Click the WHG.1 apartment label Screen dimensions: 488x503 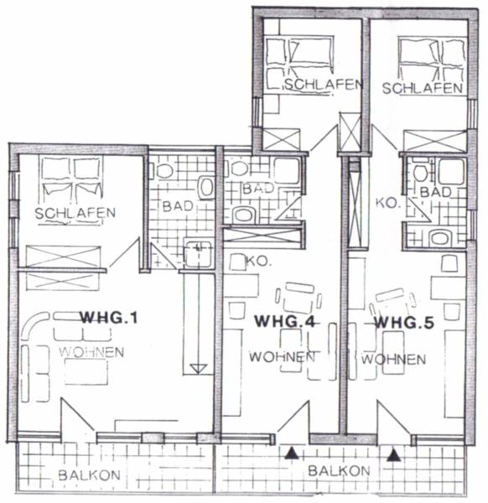click(x=109, y=318)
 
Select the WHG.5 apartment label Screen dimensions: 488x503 click(x=404, y=322)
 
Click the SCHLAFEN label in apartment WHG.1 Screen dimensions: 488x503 click(x=75, y=213)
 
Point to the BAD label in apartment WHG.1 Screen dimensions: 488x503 click(x=178, y=206)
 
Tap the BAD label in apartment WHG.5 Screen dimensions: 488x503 click(x=435, y=192)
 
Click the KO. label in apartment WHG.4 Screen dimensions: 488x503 click(x=258, y=262)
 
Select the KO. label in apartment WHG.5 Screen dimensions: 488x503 click(x=388, y=203)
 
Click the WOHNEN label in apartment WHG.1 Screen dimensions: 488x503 click(x=91, y=352)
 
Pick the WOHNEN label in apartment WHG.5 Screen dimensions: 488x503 click(x=394, y=359)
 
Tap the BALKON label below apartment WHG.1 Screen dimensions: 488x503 click(x=90, y=475)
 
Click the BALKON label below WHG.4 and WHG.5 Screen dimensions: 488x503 click(x=339, y=471)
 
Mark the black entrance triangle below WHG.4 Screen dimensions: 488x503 click(x=291, y=453)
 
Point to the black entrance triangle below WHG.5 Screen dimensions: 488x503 click(x=394, y=455)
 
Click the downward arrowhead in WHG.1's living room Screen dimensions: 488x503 click(x=198, y=369)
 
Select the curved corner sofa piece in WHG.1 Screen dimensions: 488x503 click(x=34, y=324)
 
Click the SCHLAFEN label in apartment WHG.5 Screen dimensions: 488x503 click(x=423, y=88)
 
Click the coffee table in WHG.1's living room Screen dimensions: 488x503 click(x=86, y=371)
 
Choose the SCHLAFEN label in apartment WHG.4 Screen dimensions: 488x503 click(x=324, y=85)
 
